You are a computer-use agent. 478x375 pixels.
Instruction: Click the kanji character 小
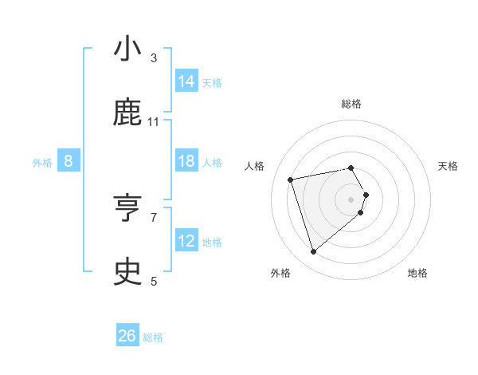click(x=128, y=49)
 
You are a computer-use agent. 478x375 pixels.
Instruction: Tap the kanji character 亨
click(x=128, y=209)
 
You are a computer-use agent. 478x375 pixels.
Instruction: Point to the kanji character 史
click(x=128, y=273)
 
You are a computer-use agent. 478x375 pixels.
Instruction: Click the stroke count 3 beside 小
click(x=154, y=57)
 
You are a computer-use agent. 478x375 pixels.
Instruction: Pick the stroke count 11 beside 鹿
click(x=154, y=121)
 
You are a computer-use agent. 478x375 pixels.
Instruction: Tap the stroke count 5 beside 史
click(x=154, y=281)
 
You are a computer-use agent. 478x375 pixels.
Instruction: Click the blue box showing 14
click(x=186, y=81)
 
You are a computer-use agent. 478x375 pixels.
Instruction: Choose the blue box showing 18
click(x=186, y=161)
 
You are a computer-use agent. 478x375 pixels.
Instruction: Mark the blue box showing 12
click(x=186, y=241)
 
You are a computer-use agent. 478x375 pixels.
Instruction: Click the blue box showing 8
click(x=69, y=162)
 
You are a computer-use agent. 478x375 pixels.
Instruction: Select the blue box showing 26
click(x=127, y=337)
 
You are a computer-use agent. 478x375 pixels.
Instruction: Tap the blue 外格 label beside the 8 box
click(x=42, y=163)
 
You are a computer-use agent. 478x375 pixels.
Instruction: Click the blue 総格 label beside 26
click(x=153, y=337)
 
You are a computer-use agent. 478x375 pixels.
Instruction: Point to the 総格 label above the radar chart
click(x=351, y=104)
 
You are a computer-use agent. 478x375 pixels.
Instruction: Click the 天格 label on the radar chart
click(x=449, y=166)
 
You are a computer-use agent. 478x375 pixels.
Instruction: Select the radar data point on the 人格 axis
click(x=291, y=179)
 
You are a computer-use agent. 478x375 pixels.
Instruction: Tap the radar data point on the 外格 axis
click(x=313, y=252)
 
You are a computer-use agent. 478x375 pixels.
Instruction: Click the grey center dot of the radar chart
click(x=351, y=199)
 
